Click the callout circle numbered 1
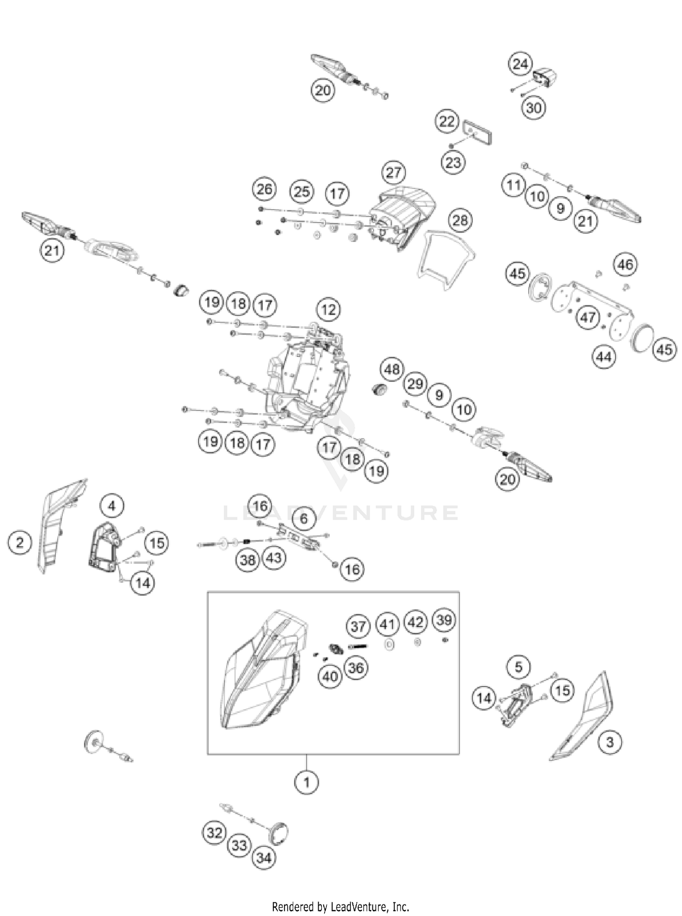(306, 782)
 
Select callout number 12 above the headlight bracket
(328, 310)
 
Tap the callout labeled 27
(394, 172)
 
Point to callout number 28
(460, 220)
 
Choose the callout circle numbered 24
(520, 64)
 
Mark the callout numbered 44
(604, 357)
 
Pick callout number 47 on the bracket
(587, 317)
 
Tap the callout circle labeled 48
(392, 370)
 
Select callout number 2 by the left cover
(20, 542)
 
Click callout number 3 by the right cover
(610, 742)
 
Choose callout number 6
(304, 518)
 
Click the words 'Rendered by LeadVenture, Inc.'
(341, 906)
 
